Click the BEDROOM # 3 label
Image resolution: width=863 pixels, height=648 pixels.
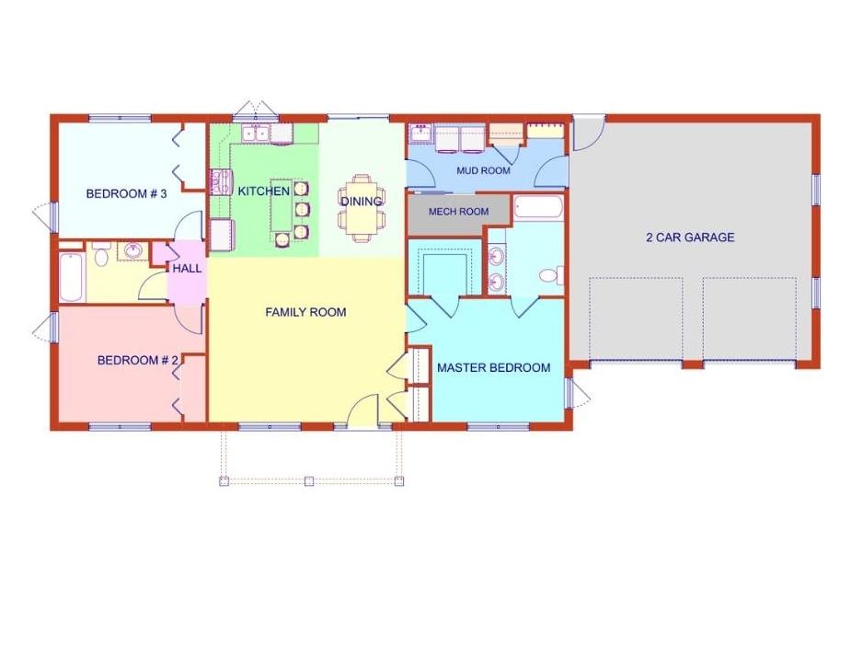(126, 194)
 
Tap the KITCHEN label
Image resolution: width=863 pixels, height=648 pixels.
(264, 191)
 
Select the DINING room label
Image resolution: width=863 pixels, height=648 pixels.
(361, 202)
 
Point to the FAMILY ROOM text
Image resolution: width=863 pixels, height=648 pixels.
(305, 312)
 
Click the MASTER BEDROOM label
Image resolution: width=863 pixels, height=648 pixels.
(494, 367)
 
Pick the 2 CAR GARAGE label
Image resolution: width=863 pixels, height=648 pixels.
(690, 237)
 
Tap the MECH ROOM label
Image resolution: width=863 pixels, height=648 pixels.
(458, 212)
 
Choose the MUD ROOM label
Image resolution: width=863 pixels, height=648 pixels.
(483, 170)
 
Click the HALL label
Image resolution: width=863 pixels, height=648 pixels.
(187, 269)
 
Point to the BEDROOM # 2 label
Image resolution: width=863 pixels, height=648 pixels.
(137, 360)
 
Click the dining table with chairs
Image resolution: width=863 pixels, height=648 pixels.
(362, 208)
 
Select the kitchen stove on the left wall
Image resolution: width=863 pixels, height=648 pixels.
(221, 181)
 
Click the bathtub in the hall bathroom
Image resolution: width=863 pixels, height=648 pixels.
(72, 277)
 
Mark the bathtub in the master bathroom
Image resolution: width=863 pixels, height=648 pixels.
(538, 208)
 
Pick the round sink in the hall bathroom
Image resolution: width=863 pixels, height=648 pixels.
(133, 250)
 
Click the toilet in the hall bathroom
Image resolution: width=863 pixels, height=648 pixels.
(100, 254)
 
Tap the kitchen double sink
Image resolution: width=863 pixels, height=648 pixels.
(256, 133)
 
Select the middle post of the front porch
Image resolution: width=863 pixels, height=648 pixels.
(309, 480)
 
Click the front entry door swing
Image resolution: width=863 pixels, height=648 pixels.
(362, 408)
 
